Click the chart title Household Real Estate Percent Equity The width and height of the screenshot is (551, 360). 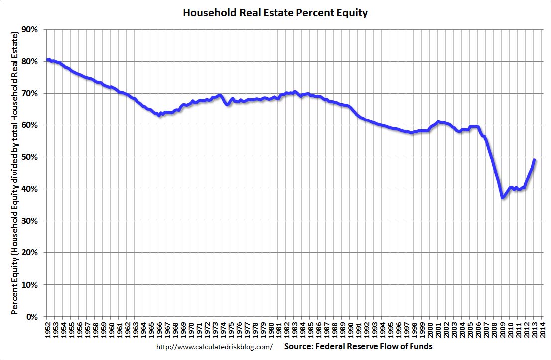(x=275, y=13)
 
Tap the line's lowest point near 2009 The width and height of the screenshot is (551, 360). (x=503, y=198)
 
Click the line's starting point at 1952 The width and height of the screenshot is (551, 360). (x=47, y=60)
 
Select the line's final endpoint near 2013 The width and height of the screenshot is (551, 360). (x=534, y=160)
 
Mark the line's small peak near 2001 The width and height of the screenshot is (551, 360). (x=438, y=121)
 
